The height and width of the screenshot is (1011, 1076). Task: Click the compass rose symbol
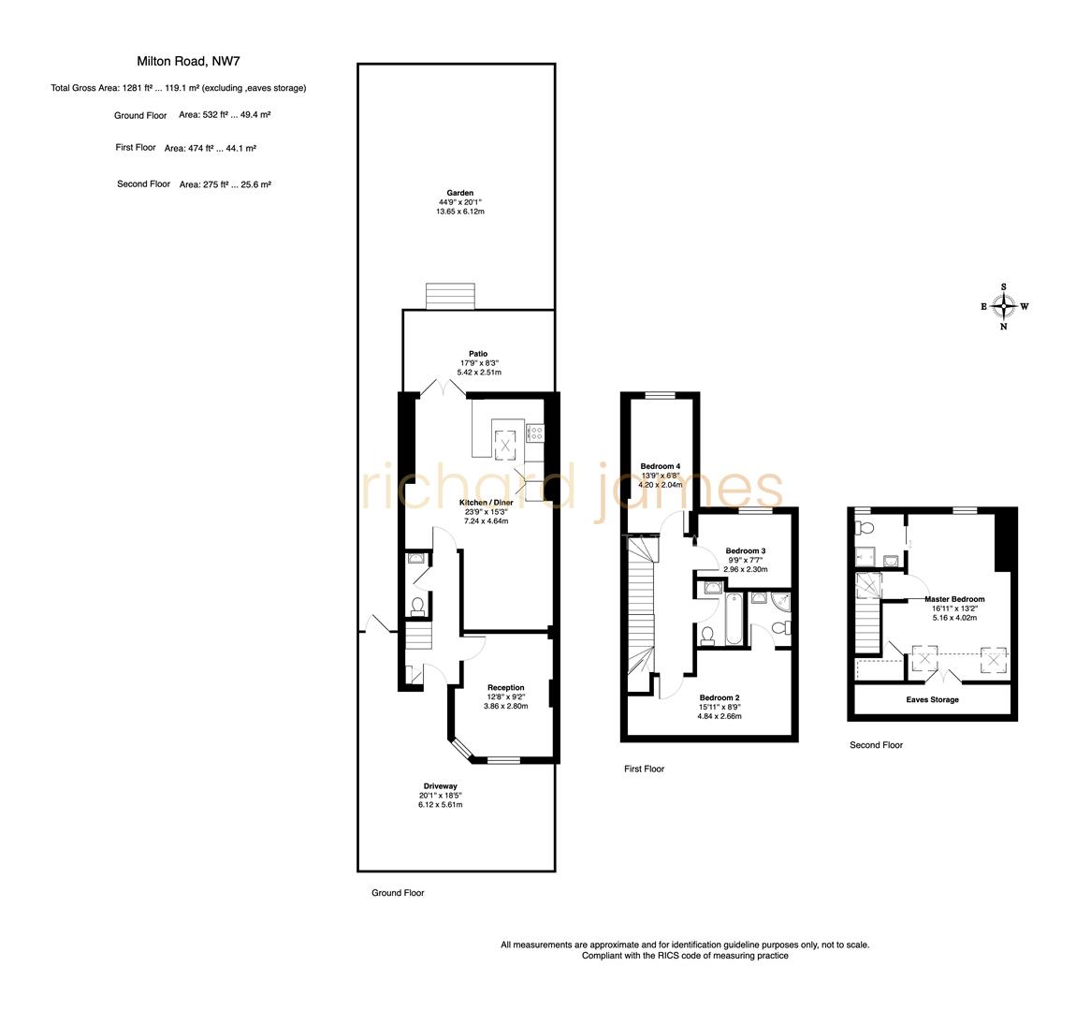1004,306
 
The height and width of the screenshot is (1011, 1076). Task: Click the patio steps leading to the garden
452,296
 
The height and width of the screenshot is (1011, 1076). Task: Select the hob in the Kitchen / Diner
535,432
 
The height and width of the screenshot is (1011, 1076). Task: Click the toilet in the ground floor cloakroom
416,607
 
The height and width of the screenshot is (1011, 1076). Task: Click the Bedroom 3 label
746,550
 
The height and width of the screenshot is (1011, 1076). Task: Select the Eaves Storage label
932,699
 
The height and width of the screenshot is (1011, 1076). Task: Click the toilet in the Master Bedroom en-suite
865,529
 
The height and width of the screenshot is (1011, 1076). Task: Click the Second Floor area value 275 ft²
213,185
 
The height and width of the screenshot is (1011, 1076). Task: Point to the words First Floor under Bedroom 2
644,769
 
